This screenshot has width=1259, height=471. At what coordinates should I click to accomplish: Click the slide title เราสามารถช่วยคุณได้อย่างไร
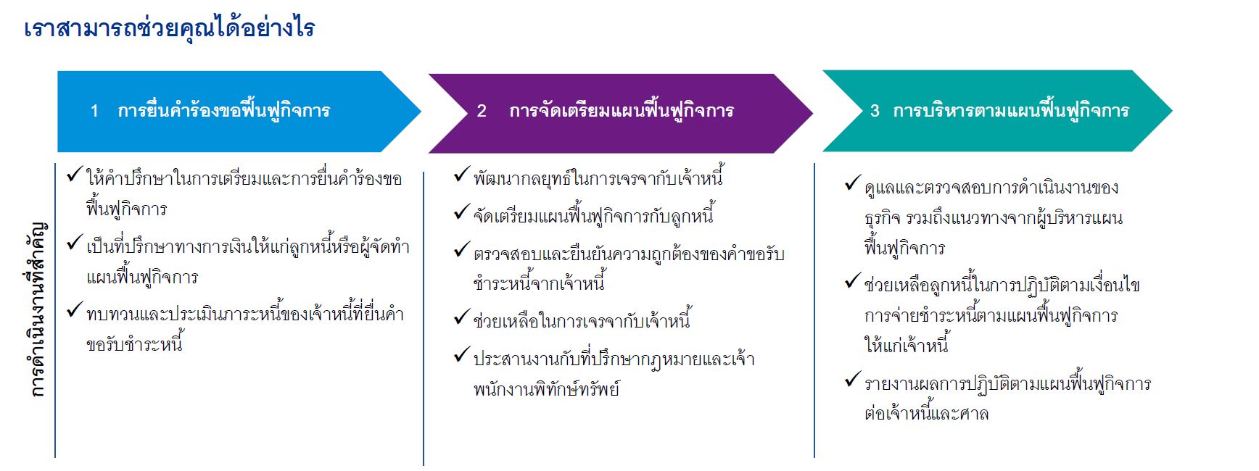(x=170, y=28)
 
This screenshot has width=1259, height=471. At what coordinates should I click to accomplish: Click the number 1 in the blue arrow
(x=94, y=111)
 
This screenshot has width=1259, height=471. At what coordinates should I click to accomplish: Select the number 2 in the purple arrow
(x=482, y=111)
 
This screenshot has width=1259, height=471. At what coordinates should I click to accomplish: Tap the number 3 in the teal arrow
(x=875, y=111)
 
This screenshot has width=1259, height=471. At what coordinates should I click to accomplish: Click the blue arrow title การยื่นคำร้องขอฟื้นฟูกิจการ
(x=224, y=110)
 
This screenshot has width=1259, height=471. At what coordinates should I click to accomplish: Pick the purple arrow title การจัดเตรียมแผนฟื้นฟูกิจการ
(x=622, y=110)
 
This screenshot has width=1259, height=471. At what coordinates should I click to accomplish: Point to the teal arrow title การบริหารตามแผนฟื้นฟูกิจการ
(x=1011, y=110)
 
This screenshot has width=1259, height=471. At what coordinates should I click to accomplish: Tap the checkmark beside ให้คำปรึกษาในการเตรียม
(x=74, y=175)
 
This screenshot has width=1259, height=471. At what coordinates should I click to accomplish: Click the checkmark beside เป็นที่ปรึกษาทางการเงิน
(x=74, y=243)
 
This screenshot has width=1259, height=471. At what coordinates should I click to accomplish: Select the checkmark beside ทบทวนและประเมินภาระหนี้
(x=74, y=310)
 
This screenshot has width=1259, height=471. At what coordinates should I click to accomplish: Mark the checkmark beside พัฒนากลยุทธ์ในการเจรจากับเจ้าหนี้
(x=462, y=175)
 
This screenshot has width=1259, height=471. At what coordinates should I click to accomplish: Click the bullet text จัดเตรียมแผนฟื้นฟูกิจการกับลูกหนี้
(x=593, y=215)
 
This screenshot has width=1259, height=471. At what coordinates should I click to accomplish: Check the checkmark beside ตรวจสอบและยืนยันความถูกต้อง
(x=462, y=250)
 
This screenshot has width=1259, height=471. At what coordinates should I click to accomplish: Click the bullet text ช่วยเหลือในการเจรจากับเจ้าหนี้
(x=582, y=320)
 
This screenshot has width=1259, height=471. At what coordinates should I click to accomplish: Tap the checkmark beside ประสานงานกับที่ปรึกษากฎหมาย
(x=462, y=355)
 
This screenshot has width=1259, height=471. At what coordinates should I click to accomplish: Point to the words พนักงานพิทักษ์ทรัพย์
(x=547, y=389)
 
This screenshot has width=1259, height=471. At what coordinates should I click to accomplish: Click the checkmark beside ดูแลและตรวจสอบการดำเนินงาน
(x=853, y=184)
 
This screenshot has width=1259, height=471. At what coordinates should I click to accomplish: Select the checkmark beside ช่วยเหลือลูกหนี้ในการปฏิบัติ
(x=853, y=281)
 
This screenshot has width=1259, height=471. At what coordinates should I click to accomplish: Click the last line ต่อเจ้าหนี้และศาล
(x=926, y=414)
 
